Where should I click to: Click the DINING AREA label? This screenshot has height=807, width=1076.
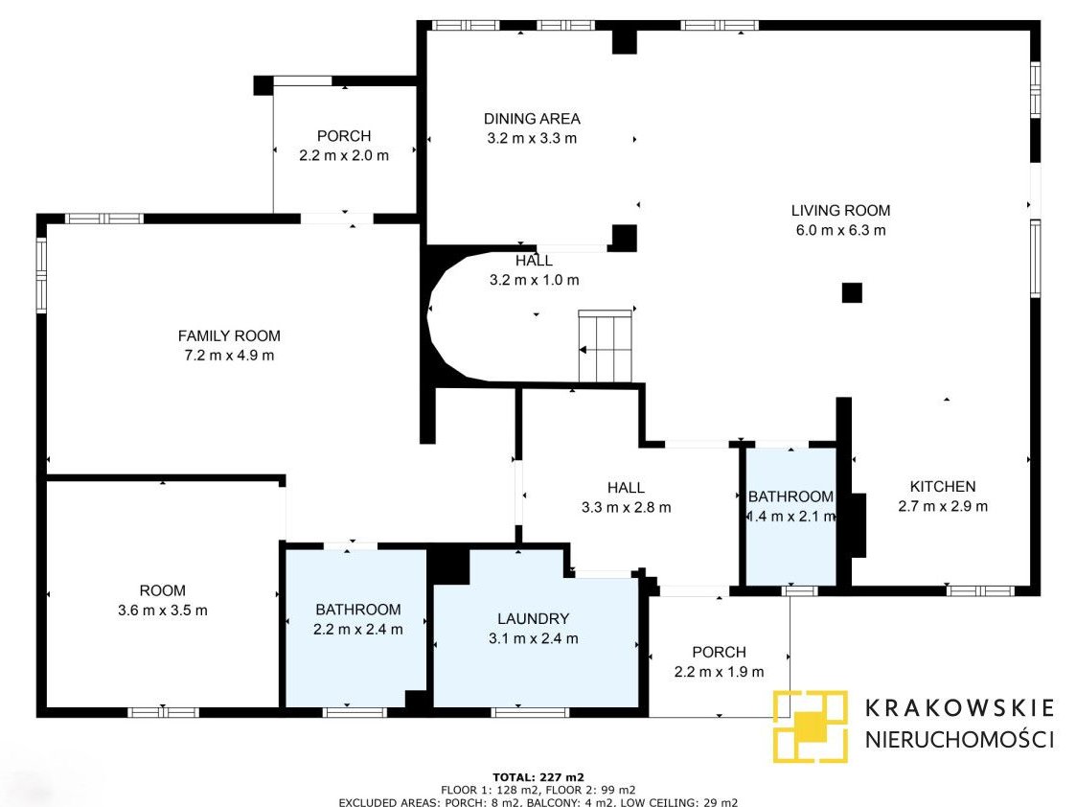pyautogui.click(x=532, y=119)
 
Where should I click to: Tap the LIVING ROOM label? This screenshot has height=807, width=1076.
pyautogui.click(x=840, y=211)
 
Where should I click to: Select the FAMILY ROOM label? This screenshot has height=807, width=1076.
pyautogui.click(x=229, y=336)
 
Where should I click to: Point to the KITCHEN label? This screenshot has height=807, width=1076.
pyautogui.click(x=943, y=487)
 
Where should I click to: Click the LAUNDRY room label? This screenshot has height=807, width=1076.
pyautogui.click(x=533, y=619)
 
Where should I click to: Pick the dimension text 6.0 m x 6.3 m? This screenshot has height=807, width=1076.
pyautogui.click(x=840, y=231)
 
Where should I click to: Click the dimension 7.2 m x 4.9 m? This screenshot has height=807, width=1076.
pyautogui.click(x=229, y=356)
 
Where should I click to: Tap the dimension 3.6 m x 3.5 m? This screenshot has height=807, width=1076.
pyautogui.click(x=163, y=611)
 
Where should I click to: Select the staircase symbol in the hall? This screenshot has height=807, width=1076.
pyautogui.click(x=606, y=347)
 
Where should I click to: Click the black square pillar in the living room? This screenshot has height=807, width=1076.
pyautogui.click(x=853, y=293)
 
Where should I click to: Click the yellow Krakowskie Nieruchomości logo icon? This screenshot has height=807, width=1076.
pyautogui.click(x=811, y=726)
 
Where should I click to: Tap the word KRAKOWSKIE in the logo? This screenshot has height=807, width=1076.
pyautogui.click(x=959, y=708)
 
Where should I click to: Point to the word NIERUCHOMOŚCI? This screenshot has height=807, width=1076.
pyautogui.click(x=959, y=739)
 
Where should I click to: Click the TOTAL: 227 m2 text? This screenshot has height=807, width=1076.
pyautogui.click(x=538, y=777)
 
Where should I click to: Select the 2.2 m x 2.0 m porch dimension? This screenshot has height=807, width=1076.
pyautogui.click(x=344, y=156)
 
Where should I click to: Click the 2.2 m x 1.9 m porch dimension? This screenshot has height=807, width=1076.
pyautogui.click(x=720, y=672)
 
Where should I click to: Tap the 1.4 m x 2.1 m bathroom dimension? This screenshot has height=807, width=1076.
pyautogui.click(x=791, y=516)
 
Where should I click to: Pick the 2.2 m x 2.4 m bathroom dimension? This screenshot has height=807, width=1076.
pyautogui.click(x=358, y=630)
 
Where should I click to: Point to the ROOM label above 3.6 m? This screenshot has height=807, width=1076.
pyautogui.click(x=163, y=590)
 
